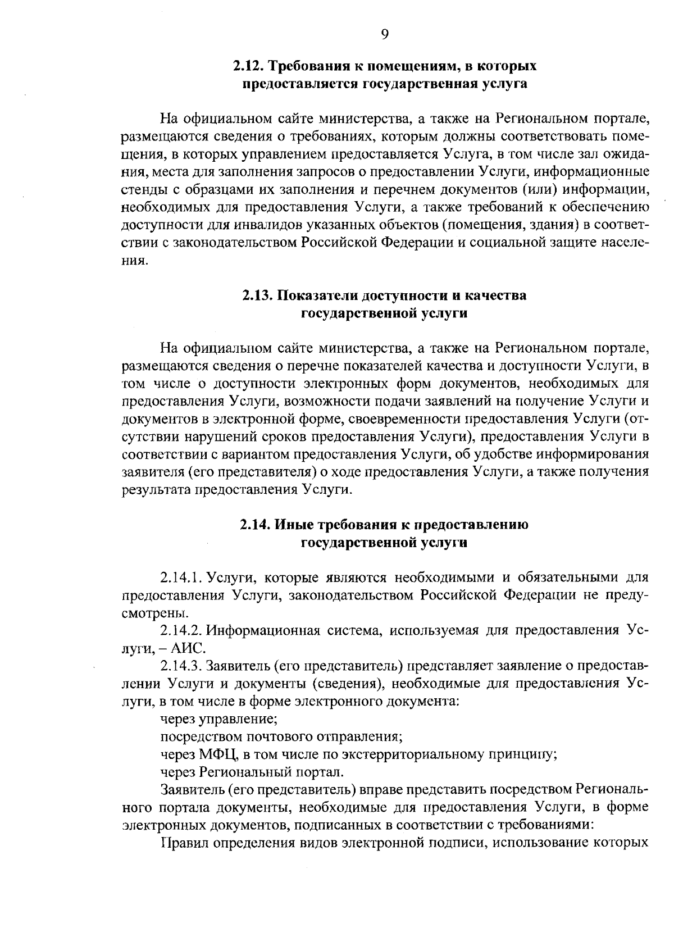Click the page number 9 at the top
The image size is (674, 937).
384,35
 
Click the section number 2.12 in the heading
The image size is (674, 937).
248,66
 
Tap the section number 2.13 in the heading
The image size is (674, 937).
258,295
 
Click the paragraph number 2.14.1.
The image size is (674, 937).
181,577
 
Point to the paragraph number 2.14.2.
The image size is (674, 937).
181,630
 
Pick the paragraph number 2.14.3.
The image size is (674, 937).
181,666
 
